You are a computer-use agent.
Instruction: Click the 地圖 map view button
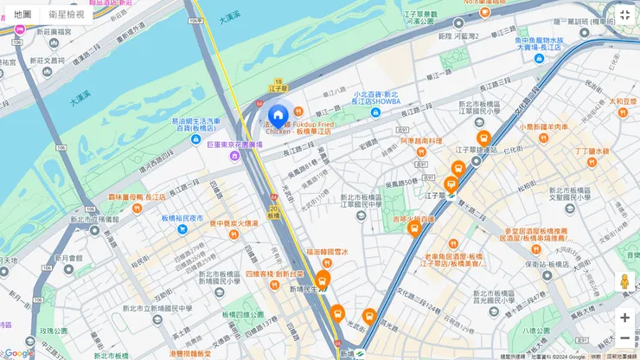[x=22, y=15]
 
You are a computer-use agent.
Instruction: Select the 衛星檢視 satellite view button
[x=67, y=15]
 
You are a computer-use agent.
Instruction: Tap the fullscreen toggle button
[x=624, y=16]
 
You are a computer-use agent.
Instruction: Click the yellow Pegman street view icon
[x=624, y=282]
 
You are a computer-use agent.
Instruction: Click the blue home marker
[x=278, y=116]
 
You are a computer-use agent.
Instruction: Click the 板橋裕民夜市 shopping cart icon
[x=154, y=219]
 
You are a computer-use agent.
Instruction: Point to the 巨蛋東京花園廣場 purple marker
[x=234, y=156]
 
